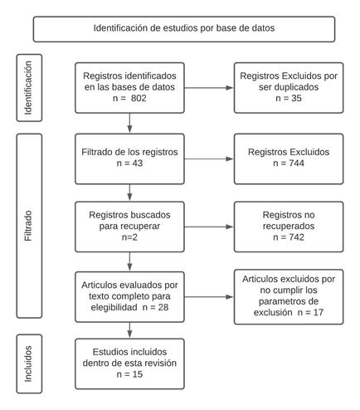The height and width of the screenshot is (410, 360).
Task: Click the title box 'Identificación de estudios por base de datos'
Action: tap(184, 29)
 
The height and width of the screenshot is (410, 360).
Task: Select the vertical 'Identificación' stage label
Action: tap(28, 88)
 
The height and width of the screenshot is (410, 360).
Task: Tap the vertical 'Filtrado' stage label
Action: tap(28, 226)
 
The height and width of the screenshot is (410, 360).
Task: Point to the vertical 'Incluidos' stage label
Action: tap(28, 364)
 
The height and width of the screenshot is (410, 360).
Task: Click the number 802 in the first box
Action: tap(139, 98)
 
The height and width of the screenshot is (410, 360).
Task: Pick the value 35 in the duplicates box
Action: tap(296, 98)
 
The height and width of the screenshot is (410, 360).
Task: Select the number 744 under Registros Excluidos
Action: tap(296, 163)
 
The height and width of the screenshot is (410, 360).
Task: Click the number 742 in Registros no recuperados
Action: tap(296, 237)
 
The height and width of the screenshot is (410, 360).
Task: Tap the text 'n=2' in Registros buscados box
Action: tap(129, 237)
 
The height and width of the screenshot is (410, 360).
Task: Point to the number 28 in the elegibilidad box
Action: tap(163, 307)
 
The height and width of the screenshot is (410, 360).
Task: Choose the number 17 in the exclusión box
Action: tap(319, 312)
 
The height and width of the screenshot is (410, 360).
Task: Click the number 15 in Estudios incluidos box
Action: tap(138, 374)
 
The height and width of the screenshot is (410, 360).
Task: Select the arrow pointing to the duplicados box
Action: tap(209, 88)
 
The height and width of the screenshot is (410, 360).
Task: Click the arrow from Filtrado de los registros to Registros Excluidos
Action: tap(209, 159)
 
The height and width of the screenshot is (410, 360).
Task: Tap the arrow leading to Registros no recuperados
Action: tap(209, 227)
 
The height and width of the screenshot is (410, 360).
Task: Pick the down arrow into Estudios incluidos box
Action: tap(129, 330)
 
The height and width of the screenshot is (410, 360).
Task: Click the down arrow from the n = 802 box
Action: tap(129, 123)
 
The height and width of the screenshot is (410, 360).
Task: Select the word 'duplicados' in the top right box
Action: tap(289, 87)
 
